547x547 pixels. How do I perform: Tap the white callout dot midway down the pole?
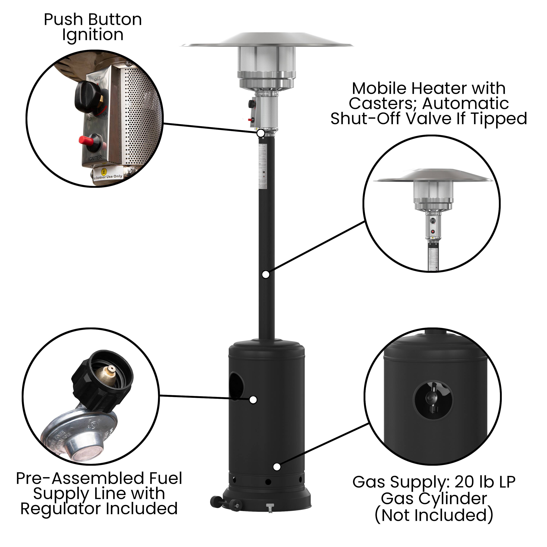click(x=266, y=274)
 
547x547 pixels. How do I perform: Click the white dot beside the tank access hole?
click(x=253, y=400)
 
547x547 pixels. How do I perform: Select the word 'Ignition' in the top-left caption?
click(x=93, y=35)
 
